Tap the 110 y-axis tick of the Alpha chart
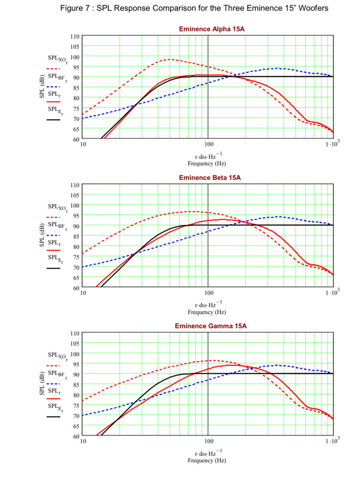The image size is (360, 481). pyautogui.click(x=75, y=36)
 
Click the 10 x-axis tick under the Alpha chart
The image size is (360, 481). pyautogui.click(x=83, y=145)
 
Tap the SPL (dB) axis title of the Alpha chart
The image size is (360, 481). pyautogui.click(x=42, y=87)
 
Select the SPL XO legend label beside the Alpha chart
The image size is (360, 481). pyautogui.click(x=57, y=59)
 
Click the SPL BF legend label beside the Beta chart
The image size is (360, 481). pyautogui.click(x=57, y=225)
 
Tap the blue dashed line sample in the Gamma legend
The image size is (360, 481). pyautogui.click(x=53, y=383)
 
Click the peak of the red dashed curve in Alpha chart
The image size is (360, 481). pyautogui.click(x=169, y=59)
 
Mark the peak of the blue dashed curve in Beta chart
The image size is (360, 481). pyautogui.click(x=278, y=217)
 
